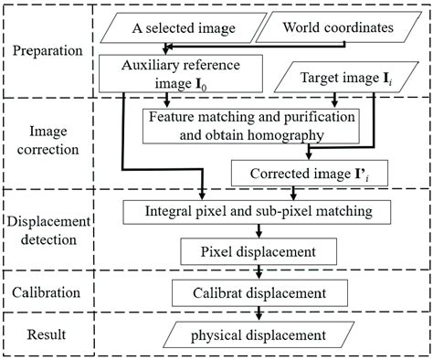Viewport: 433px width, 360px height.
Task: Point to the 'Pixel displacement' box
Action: (x=260, y=249)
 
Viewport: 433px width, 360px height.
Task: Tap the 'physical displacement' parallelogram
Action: (x=260, y=334)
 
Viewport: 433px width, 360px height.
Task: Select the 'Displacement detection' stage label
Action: (x=54, y=231)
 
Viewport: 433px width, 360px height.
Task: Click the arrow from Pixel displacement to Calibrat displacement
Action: (x=260, y=270)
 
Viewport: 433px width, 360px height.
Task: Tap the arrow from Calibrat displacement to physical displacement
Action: (x=260, y=312)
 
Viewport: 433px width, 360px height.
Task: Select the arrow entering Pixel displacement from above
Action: (x=260, y=231)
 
